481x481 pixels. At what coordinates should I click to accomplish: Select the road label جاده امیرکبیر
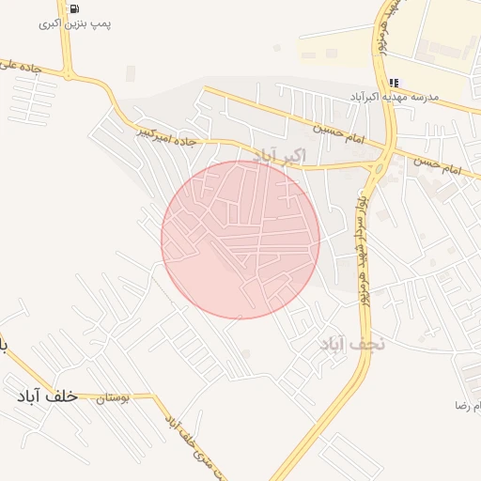pyautogui.click(x=169, y=135)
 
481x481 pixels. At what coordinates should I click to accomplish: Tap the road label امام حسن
pyautogui.click(x=440, y=165)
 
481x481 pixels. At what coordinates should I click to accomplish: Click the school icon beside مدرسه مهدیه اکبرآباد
pyautogui.click(x=394, y=83)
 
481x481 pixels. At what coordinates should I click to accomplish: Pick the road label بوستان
pyautogui.click(x=112, y=399)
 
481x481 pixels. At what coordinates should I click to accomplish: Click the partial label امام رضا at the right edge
pyautogui.click(x=467, y=405)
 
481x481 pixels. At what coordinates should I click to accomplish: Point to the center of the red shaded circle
pyautogui.click(x=240, y=240)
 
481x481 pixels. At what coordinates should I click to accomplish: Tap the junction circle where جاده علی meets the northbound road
pyautogui.click(x=69, y=75)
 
